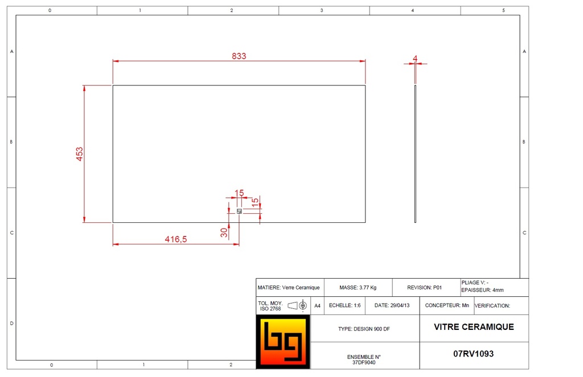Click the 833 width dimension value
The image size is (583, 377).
pyautogui.click(x=239, y=56)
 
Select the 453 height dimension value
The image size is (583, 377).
pyautogui.click(x=80, y=154)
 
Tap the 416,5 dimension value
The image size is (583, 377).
pyautogui.click(x=176, y=239)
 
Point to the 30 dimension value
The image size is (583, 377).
pyautogui.click(x=225, y=231)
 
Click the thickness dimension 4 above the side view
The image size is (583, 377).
pyautogui.click(x=415, y=58)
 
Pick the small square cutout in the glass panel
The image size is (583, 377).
pyautogui.click(x=239, y=211)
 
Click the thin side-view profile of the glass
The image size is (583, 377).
pyautogui.click(x=415, y=154)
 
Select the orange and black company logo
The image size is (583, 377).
pyautogui.click(x=283, y=342)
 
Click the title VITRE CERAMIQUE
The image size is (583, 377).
pyautogui.click(x=474, y=327)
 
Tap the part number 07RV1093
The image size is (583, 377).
pyautogui.click(x=474, y=354)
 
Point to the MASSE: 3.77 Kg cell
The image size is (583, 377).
pyautogui.click(x=358, y=288)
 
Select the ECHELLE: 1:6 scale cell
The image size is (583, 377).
pyautogui.click(x=345, y=305)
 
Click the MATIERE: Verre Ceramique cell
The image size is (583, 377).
pyautogui.click(x=289, y=288)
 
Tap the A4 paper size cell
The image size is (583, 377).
pyautogui.click(x=318, y=306)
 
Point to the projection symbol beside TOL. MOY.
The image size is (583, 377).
pyautogui.click(x=298, y=306)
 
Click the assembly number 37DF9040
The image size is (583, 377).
pyautogui.click(x=364, y=362)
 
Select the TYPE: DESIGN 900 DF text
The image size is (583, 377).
pyautogui.click(x=364, y=329)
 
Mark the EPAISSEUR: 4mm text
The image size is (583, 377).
pyautogui.click(x=483, y=290)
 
